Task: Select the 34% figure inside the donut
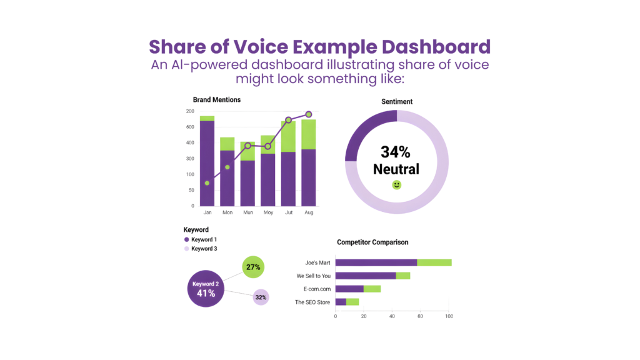tap(396, 152)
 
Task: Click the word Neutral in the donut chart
tap(396, 169)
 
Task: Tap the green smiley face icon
tap(396, 185)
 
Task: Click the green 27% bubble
tap(253, 267)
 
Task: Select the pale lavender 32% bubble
tap(261, 297)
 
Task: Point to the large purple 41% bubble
tap(206, 289)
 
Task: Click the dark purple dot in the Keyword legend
tap(186, 239)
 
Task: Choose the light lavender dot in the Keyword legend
tap(186, 249)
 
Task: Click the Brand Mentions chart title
tap(216, 99)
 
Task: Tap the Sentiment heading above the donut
tap(396, 101)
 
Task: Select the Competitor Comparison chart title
tap(372, 241)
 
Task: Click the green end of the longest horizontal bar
tap(434, 262)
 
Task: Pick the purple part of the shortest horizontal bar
tap(341, 302)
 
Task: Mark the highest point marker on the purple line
tap(309, 114)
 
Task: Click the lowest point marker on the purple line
tap(207, 183)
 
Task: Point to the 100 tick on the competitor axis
tap(449, 317)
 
